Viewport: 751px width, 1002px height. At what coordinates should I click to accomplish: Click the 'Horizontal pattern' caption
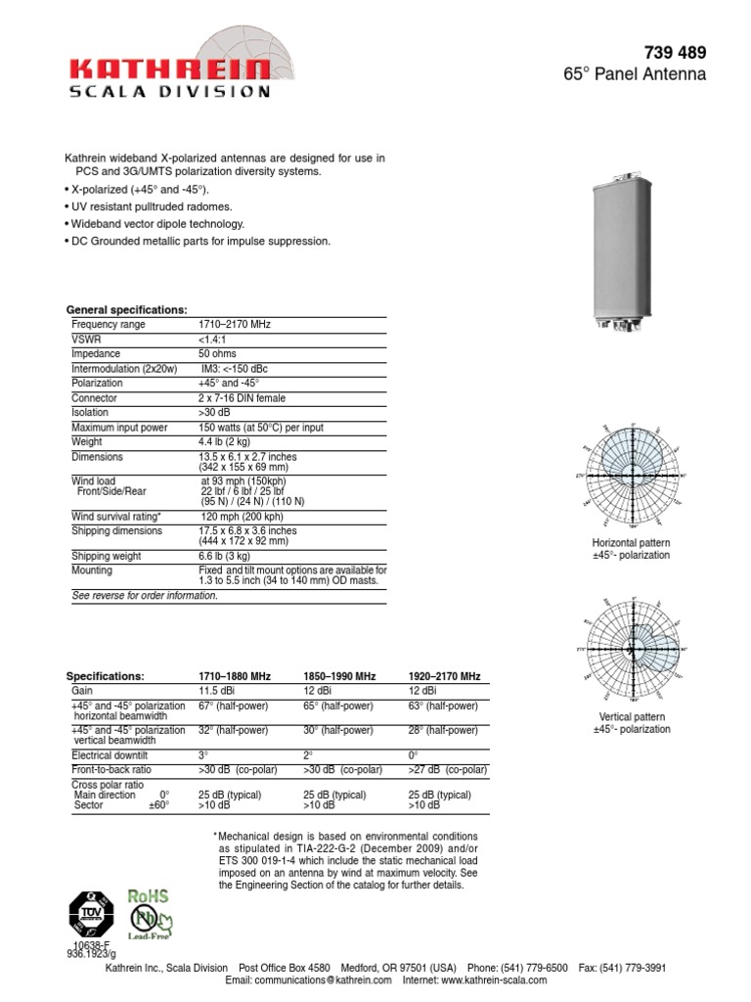[631, 542]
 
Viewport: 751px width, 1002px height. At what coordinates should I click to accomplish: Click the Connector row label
[94, 398]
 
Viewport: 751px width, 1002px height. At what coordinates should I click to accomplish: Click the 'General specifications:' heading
[126, 309]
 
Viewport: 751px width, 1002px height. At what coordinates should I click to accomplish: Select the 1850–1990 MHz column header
[339, 676]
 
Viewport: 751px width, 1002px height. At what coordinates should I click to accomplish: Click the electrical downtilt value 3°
[203, 755]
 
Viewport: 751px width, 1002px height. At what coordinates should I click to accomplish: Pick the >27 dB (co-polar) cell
[447, 770]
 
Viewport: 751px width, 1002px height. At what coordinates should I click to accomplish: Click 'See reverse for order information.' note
[146, 595]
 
